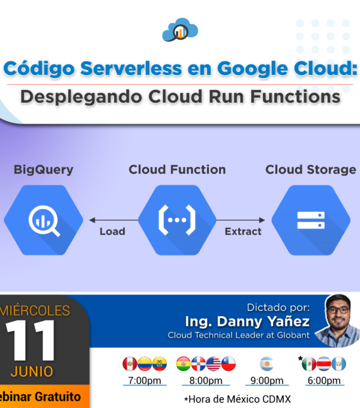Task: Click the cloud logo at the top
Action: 180,30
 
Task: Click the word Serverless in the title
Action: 131,68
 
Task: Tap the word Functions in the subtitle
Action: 295,97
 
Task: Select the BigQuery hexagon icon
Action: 43,220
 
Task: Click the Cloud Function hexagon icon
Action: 177,220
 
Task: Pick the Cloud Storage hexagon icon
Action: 311,220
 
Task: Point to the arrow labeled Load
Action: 113,220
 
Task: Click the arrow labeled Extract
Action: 241,220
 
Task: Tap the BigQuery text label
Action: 43,170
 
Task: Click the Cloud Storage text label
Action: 311,170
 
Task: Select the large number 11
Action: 30,340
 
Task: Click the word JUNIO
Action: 32,371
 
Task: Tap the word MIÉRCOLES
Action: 35,310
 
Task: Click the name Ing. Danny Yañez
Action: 247,322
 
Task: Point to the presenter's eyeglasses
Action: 338,310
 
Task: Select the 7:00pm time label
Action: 145,380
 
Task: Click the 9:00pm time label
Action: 267,380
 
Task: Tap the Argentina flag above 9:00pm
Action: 267,364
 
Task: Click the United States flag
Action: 213,364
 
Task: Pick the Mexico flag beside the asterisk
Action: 309,364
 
